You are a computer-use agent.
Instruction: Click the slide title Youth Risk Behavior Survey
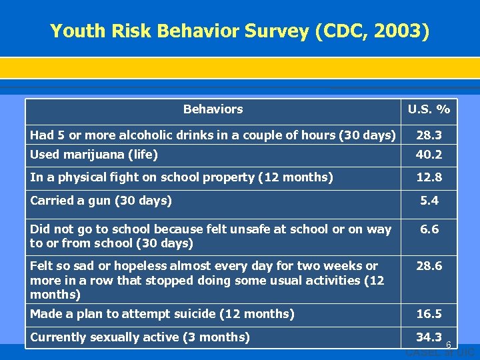click(x=240, y=31)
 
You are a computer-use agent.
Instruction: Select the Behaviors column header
click(x=213, y=109)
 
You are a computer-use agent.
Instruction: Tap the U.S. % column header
click(x=429, y=109)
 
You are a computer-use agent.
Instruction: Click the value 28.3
click(x=429, y=135)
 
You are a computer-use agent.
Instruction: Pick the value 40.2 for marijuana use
click(x=429, y=155)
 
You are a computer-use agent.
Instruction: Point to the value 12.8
click(x=429, y=177)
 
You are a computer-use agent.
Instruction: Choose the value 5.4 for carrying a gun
click(x=429, y=200)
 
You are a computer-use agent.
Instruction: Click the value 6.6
click(x=429, y=229)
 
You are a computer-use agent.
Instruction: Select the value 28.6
click(x=429, y=266)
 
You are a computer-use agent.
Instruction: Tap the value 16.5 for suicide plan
click(x=429, y=314)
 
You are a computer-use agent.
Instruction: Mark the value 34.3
click(x=429, y=337)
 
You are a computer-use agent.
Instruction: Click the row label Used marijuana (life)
click(x=94, y=155)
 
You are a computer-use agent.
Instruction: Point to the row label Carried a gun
click(x=101, y=200)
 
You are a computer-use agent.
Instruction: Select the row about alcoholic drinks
click(x=213, y=135)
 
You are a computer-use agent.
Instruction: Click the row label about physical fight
click(x=181, y=177)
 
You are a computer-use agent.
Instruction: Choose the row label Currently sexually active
click(x=140, y=337)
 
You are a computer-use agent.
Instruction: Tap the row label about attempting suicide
click(x=162, y=314)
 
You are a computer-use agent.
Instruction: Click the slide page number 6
click(x=449, y=345)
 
